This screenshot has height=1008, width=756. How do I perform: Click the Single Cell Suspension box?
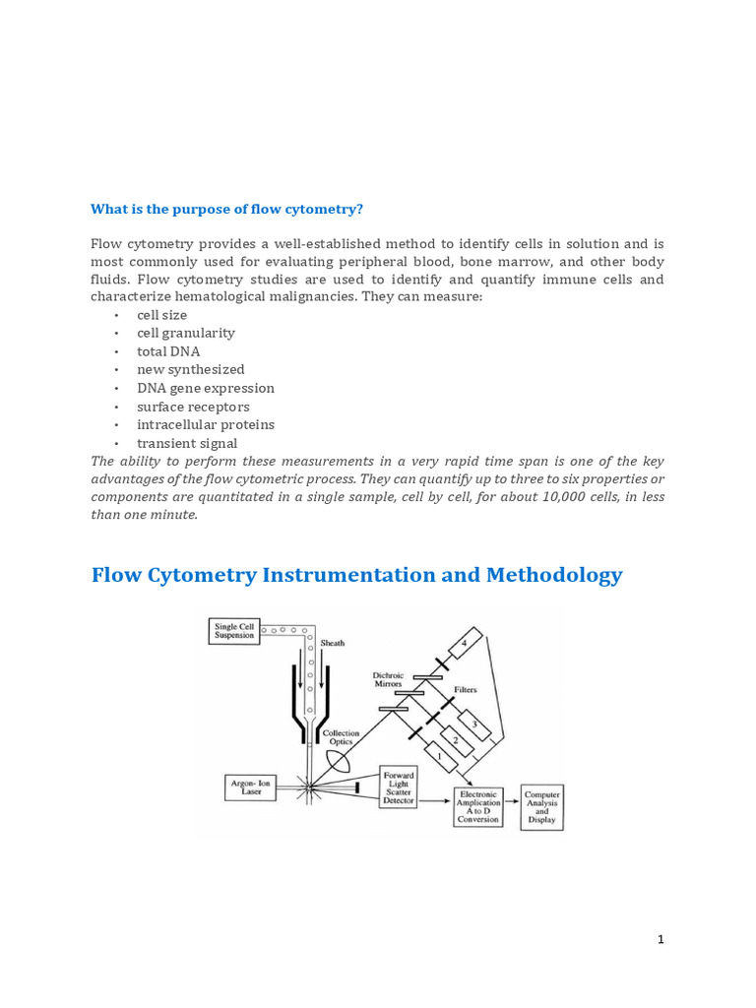tap(234, 631)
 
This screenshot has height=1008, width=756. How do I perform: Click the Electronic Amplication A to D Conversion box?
tap(478, 806)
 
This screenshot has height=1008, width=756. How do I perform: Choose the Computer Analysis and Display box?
tap(541, 806)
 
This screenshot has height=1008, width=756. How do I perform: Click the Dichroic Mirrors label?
tap(388, 679)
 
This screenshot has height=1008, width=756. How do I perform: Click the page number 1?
tap(661, 939)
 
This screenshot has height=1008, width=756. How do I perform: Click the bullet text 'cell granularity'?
tap(186, 333)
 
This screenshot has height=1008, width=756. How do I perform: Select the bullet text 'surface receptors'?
tap(193, 407)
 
